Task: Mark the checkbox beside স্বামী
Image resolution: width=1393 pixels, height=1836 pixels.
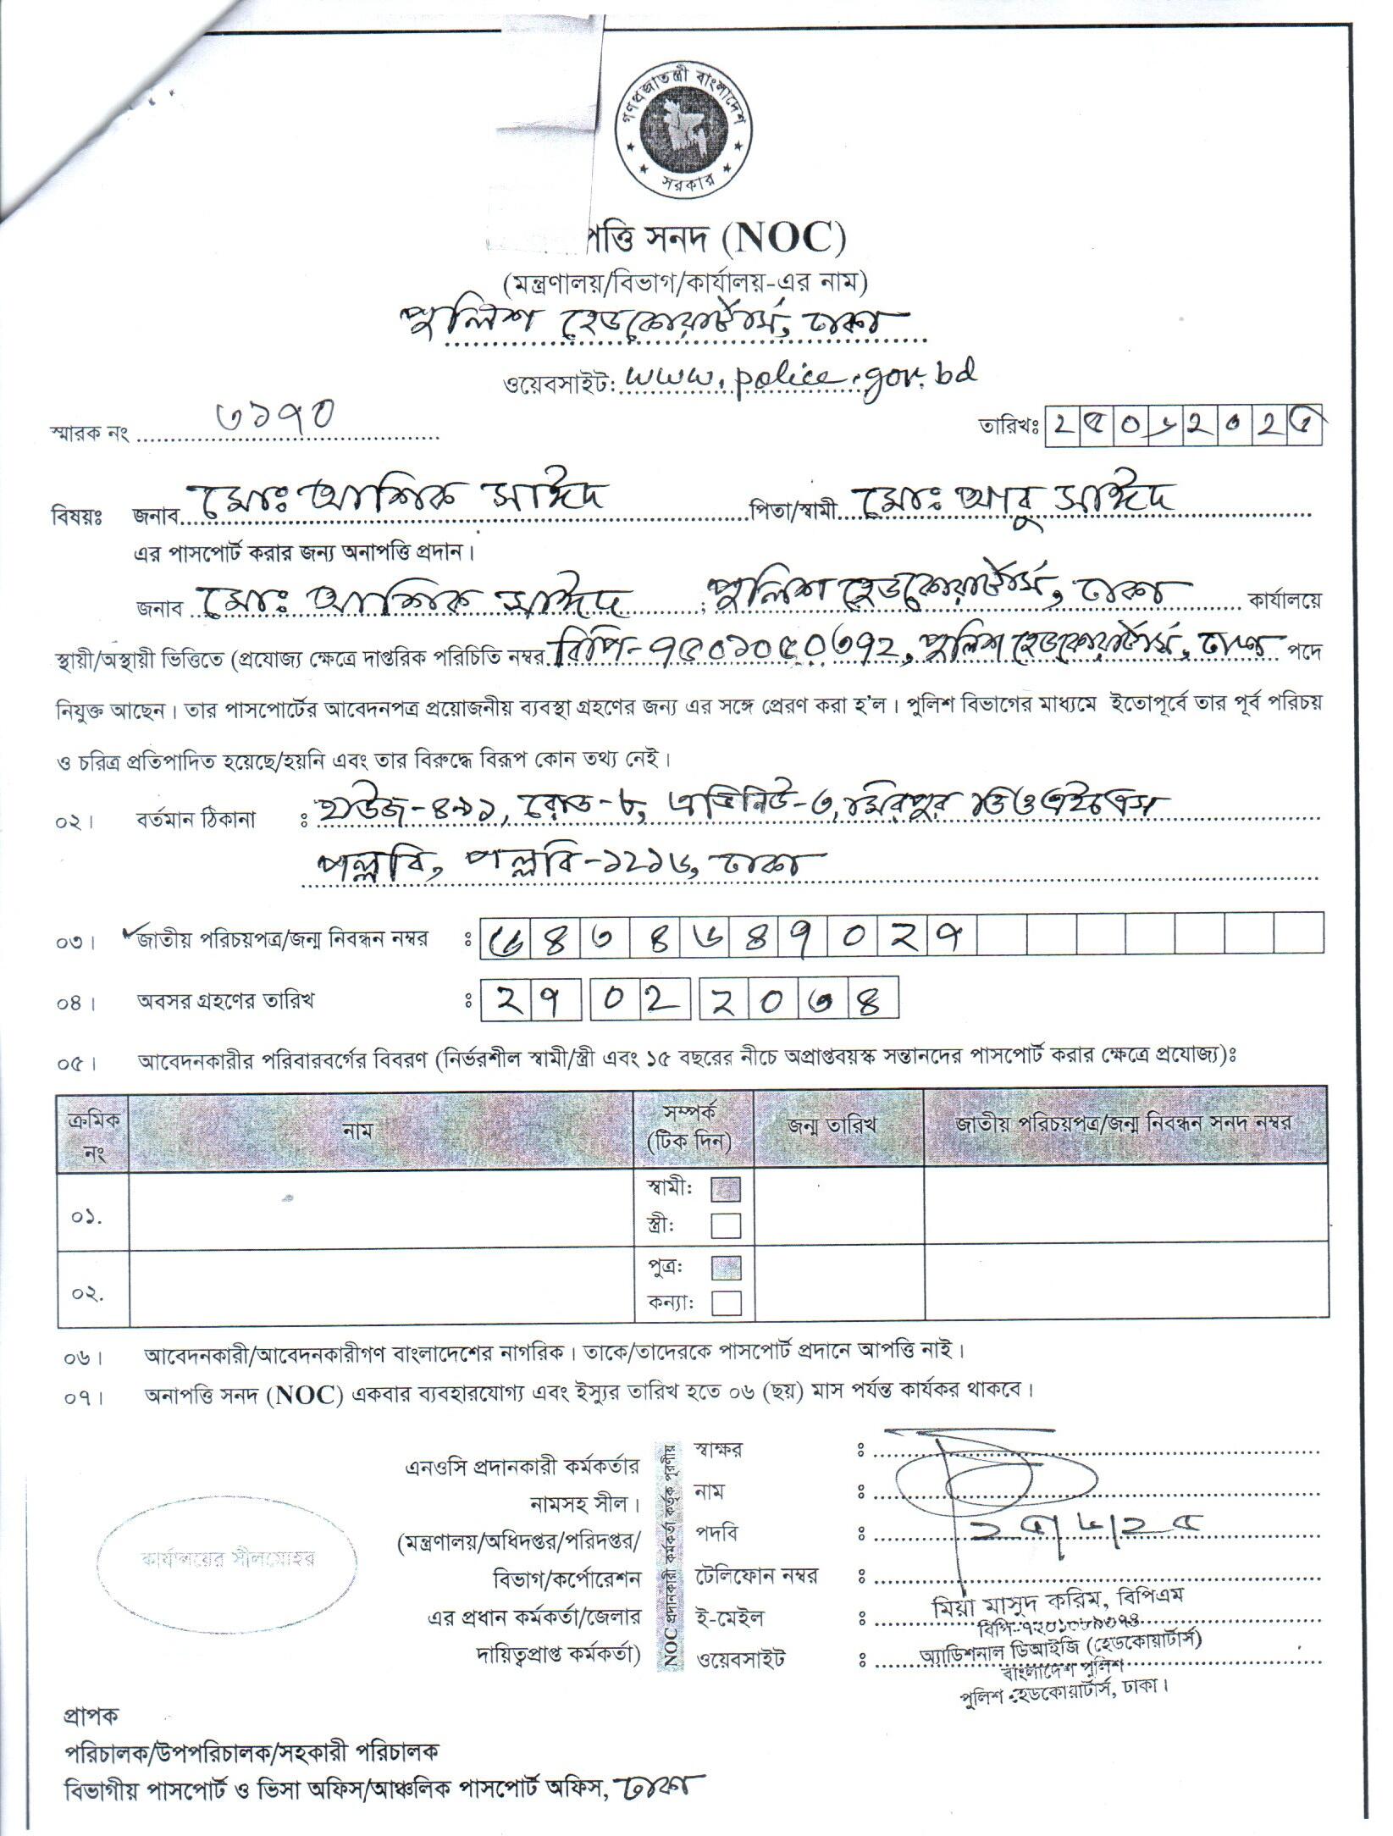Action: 727,1190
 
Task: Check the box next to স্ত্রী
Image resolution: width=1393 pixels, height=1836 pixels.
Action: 727,1225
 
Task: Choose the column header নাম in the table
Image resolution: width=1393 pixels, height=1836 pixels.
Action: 358,1127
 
